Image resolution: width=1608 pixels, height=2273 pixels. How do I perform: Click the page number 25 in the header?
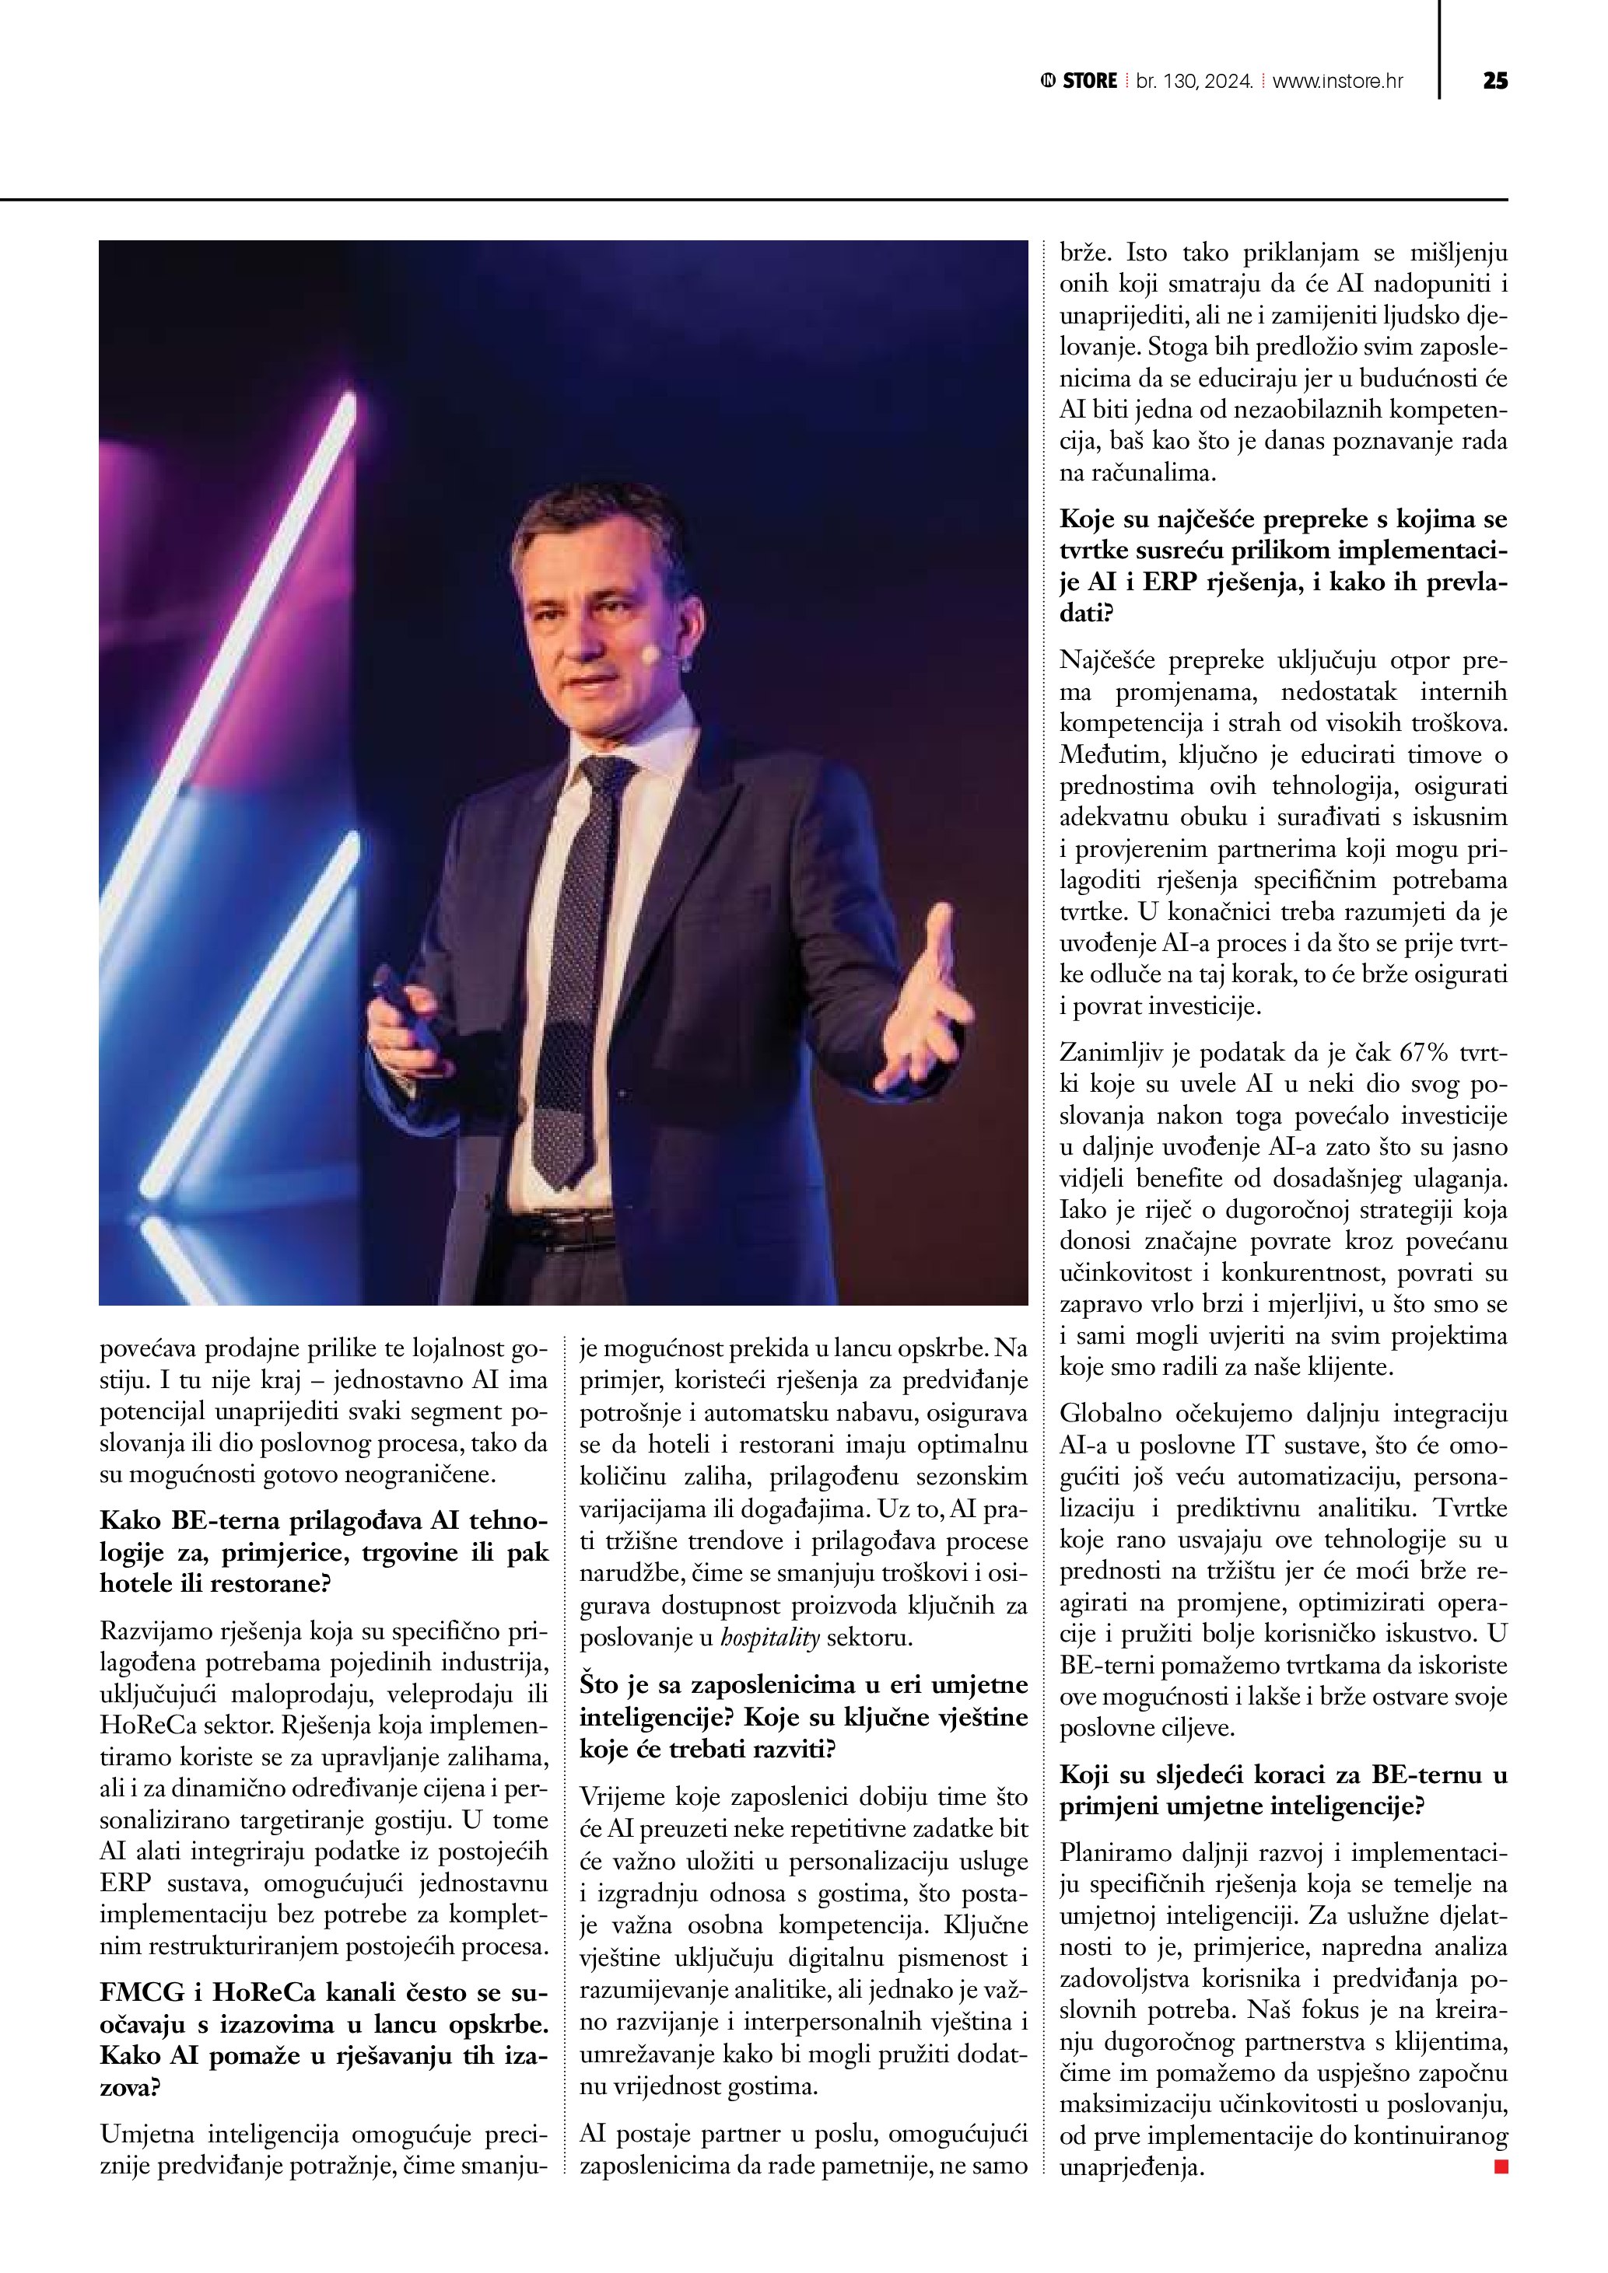pos(1495,81)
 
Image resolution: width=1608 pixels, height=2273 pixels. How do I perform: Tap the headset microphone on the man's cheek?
pos(650,655)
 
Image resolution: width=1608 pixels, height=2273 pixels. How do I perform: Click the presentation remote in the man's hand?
pos(400,1000)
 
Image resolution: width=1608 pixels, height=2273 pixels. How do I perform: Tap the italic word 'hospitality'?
pos(773,1638)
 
